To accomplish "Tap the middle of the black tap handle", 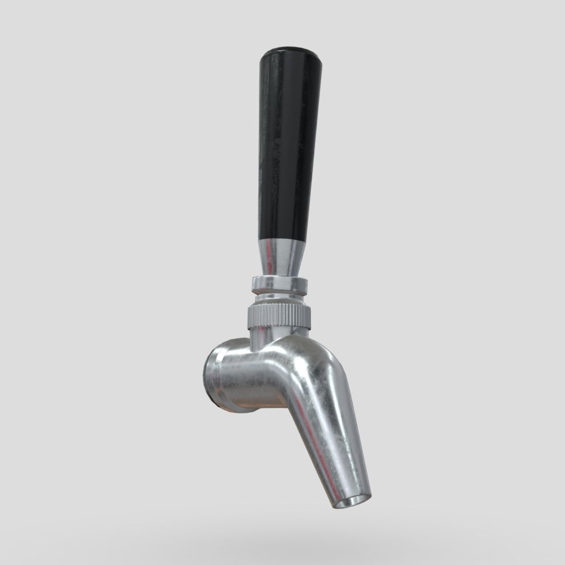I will point(281,149).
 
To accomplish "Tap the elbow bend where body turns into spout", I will point(308,360).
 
